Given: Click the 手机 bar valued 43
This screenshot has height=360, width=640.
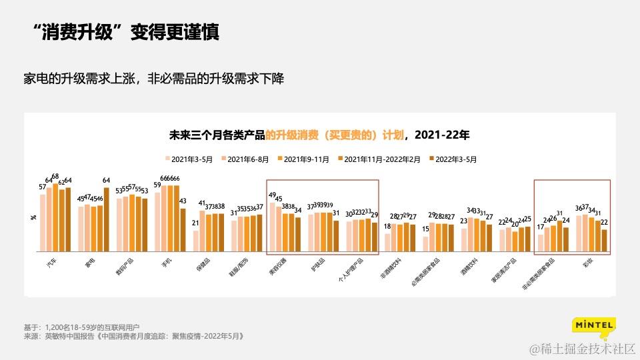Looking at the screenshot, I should tap(183, 229).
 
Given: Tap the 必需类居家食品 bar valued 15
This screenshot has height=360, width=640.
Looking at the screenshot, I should tap(425, 243).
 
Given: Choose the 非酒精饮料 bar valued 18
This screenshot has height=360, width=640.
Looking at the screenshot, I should tap(387, 242).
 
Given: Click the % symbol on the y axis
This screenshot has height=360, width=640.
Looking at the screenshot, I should tap(33, 218).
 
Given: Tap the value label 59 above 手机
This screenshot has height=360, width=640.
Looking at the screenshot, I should tap(157, 185).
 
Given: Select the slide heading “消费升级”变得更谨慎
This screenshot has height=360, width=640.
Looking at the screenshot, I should tap(127, 33).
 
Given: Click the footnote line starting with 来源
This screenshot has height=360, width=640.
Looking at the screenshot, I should tap(133, 337).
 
